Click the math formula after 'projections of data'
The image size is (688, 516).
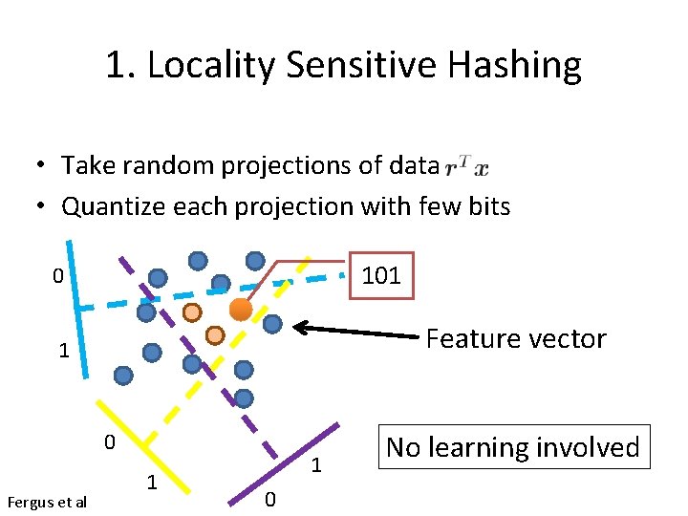point(467,166)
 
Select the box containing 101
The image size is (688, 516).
point(381,276)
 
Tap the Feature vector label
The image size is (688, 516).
point(515,338)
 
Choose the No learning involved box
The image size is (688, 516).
point(513,447)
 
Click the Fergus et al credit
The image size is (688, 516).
point(46,502)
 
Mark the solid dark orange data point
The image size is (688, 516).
point(241,310)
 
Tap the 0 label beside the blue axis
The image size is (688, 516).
point(58,277)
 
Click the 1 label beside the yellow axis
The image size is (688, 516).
point(151,483)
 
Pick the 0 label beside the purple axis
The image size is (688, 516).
point(269,498)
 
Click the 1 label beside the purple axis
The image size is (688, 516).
point(316,466)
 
